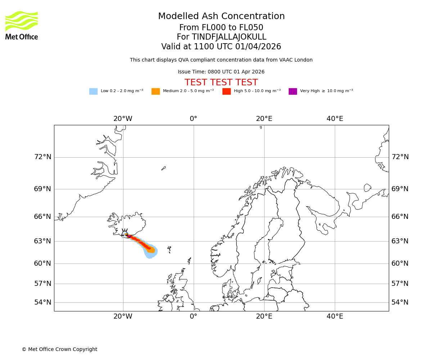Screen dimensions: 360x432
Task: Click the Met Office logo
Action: click(x=22, y=25)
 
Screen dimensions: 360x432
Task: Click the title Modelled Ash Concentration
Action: click(x=221, y=17)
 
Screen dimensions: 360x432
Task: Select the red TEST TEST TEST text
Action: click(x=221, y=83)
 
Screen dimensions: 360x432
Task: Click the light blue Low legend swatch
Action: click(x=93, y=91)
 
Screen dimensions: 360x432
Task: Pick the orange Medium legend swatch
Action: click(x=156, y=91)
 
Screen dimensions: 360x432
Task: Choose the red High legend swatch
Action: click(x=226, y=91)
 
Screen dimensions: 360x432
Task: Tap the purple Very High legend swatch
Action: click(x=293, y=91)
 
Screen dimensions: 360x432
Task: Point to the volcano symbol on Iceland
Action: click(x=125, y=233)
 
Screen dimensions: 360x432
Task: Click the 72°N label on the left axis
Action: click(x=42, y=157)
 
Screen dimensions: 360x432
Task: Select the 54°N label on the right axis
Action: click(x=400, y=302)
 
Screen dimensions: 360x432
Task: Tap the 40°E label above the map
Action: click(x=335, y=119)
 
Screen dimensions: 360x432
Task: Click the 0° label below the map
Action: click(x=194, y=316)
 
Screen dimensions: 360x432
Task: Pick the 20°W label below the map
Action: click(x=123, y=316)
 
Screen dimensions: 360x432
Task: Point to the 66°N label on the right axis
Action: click(x=400, y=217)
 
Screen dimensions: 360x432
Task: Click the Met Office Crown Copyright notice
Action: click(x=59, y=350)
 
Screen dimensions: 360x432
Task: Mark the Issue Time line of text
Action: click(x=221, y=72)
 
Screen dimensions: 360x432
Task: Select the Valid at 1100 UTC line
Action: click(x=221, y=47)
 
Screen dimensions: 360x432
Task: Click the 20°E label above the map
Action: click(x=264, y=119)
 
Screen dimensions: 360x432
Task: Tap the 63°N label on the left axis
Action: click(x=42, y=241)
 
